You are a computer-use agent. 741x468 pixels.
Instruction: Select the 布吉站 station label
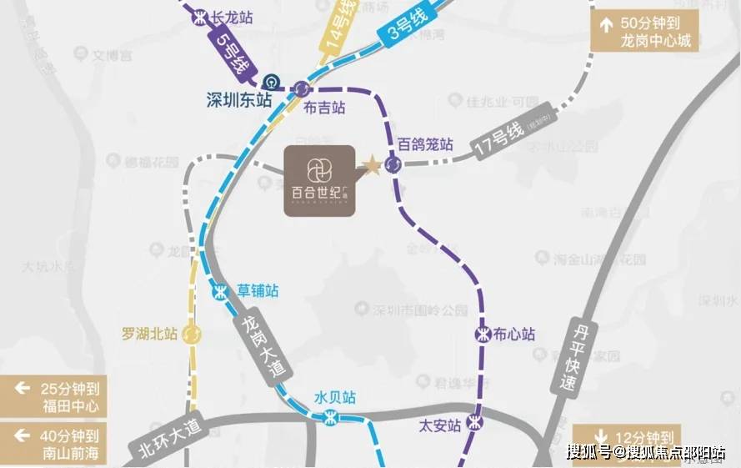[324, 108]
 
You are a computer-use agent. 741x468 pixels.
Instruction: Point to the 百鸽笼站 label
[425, 143]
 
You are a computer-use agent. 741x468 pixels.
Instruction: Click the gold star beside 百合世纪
[371, 165]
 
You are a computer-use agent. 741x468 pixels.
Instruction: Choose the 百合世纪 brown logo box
[320, 180]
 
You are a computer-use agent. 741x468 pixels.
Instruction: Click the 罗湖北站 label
[149, 334]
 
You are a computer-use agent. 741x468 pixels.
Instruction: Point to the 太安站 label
[439, 425]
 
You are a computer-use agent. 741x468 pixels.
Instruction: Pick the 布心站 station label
[513, 334]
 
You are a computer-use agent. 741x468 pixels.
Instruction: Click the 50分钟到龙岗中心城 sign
[644, 32]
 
